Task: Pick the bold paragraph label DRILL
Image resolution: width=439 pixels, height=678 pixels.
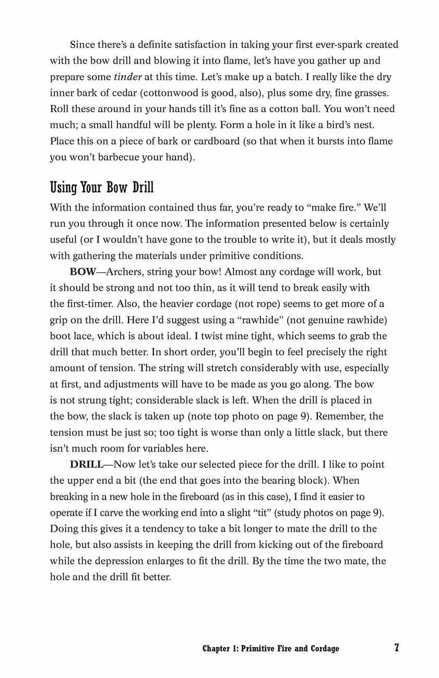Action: pos(87,464)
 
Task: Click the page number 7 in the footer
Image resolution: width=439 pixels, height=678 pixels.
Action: pos(396,648)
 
